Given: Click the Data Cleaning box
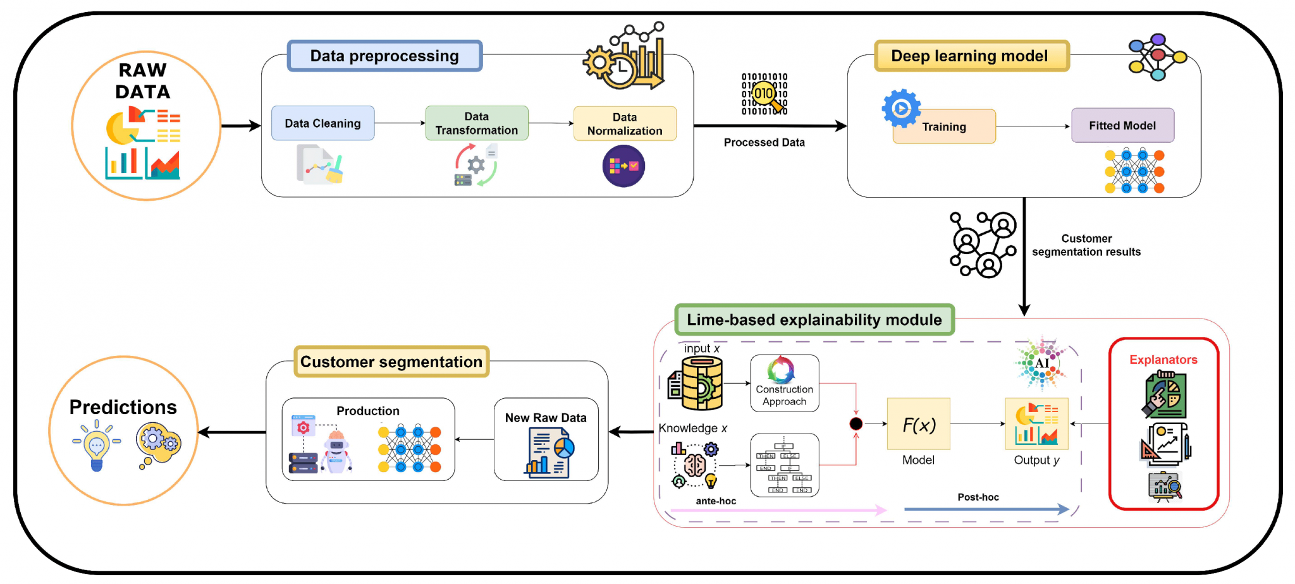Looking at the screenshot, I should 322,123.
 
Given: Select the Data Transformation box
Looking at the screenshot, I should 476,123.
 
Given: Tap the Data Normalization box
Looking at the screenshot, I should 624,124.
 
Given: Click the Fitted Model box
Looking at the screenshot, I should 1122,126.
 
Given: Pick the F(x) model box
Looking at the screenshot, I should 918,424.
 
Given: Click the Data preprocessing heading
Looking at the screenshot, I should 384,56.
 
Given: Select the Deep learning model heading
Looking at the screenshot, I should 971,56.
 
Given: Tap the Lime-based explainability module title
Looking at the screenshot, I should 814,320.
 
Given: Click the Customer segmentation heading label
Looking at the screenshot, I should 391,362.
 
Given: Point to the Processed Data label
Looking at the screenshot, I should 764,143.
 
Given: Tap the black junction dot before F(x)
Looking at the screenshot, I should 856,423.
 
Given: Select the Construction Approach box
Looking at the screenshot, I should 784,384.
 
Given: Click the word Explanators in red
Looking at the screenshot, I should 1163,360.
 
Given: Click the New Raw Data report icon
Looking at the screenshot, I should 548,453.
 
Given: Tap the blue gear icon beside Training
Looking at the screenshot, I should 901,108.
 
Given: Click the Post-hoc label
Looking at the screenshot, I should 978,497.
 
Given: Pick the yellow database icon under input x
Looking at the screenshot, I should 699,383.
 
